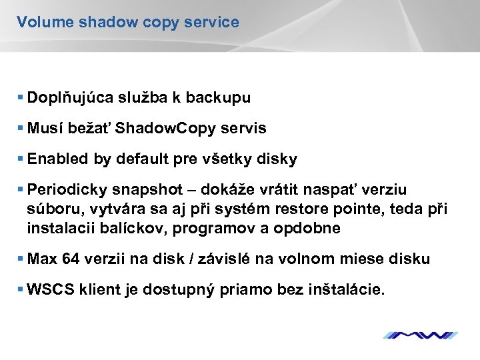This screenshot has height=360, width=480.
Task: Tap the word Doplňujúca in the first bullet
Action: click(69, 98)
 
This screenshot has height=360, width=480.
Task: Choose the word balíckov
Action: click(133, 228)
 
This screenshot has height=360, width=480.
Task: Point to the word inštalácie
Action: click(347, 290)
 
